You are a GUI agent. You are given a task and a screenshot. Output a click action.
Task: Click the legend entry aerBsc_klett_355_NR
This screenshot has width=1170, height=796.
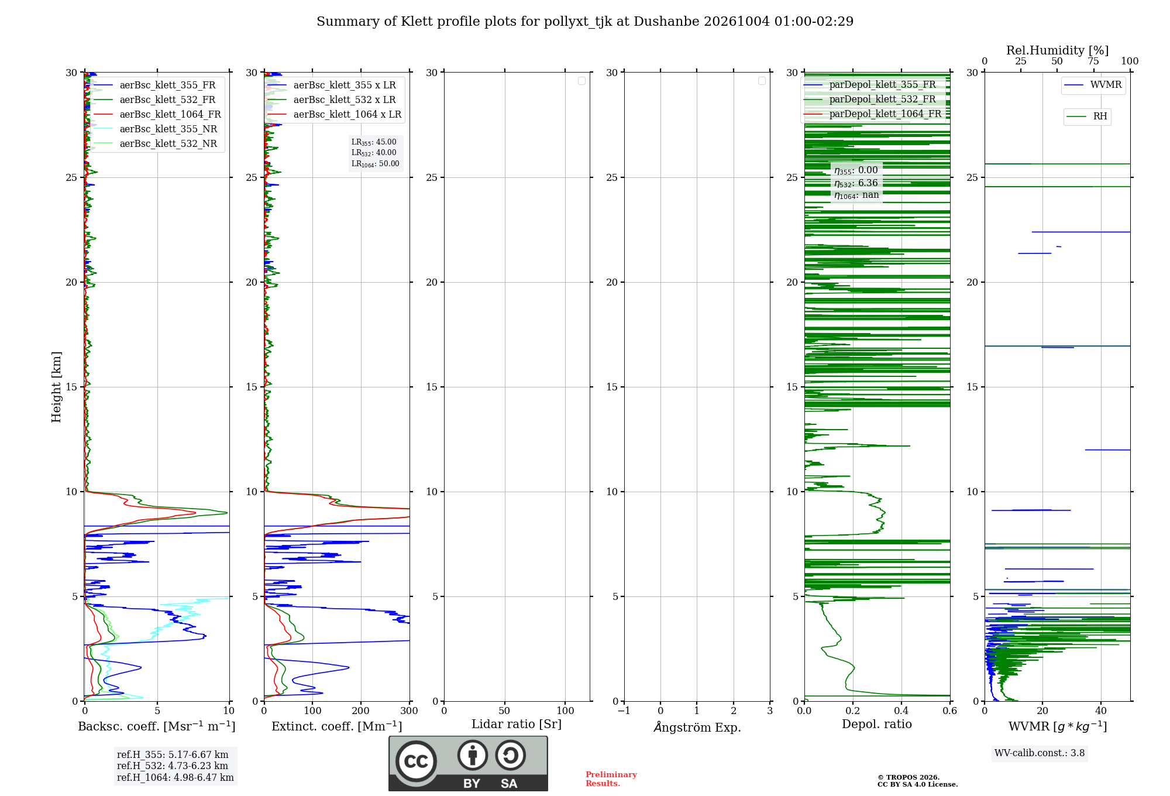(x=156, y=129)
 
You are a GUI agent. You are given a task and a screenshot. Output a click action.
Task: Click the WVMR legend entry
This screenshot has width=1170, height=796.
(x=1093, y=85)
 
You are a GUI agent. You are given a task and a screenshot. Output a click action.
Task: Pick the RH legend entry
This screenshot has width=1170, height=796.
(x=1087, y=116)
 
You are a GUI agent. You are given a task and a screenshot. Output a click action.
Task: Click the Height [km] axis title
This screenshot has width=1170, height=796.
(x=56, y=387)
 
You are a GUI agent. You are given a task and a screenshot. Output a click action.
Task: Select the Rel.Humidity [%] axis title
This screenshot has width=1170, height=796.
(x=1058, y=50)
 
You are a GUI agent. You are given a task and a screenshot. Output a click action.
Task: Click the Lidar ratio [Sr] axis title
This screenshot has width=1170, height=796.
(x=517, y=725)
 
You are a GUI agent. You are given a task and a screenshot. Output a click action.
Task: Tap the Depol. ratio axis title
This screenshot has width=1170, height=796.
(x=877, y=724)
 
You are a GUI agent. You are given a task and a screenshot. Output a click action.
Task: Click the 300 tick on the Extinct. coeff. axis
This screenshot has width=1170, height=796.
(x=409, y=711)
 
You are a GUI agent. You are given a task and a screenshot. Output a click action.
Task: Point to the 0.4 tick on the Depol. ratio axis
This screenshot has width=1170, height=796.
(x=901, y=711)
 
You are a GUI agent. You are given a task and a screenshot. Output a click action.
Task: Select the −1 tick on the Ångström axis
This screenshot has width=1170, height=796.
(x=624, y=711)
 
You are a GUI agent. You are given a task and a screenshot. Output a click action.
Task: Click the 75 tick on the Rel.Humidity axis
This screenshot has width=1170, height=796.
(x=1093, y=61)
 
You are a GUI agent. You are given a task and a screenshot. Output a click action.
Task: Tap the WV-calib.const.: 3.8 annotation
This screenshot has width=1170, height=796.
(x=1040, y=753)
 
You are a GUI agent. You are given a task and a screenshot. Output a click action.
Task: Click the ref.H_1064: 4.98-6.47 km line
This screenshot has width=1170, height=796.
(x=175, y=777)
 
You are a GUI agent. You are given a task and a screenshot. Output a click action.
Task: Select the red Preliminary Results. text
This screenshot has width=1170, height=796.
(x=611, y=779)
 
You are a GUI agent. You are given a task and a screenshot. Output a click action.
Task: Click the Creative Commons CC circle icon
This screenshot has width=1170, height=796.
(x=416, y=761)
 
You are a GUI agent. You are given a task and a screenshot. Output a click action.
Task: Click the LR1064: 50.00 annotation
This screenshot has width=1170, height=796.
(x=376, y=164)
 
